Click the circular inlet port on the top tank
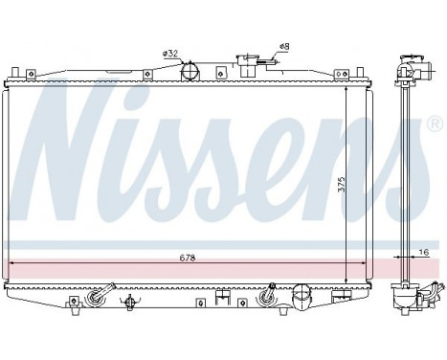tap(190, 71)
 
